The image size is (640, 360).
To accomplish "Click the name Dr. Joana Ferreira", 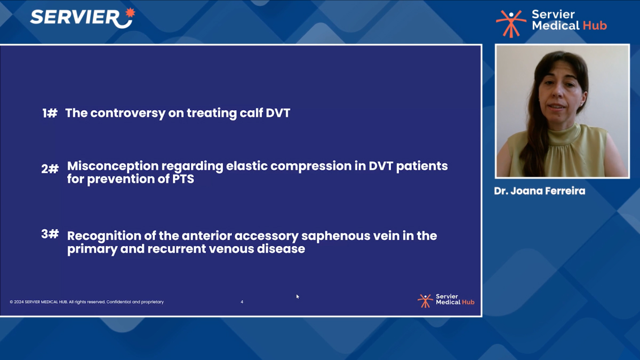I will [x=539, y=191].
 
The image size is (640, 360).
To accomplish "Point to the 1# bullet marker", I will [x=50, y=113].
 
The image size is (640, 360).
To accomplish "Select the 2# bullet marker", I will [x=50, y=169].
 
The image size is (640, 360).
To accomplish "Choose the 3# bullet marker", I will [x=50, y=234].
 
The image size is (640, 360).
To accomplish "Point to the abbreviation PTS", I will [x=182, y=179].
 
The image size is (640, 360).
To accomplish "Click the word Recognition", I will [x=104, y=236].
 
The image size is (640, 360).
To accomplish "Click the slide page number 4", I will [x=242, y=302].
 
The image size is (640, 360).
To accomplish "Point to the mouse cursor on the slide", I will [x=298, y=297].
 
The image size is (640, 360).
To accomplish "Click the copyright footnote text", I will [x=86, y=302].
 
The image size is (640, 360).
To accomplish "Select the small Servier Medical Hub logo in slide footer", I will [x=446, y=300].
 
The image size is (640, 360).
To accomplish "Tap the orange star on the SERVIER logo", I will [x=129, y=12].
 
